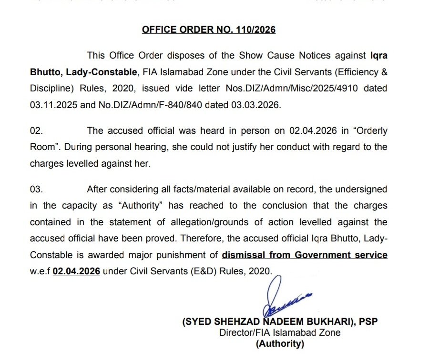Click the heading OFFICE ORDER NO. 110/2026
[209, 30]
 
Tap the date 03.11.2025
[50, 105]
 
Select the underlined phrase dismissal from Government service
[305, 255]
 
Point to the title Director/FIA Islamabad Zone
[280, 332]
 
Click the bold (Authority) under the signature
[280, 343]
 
